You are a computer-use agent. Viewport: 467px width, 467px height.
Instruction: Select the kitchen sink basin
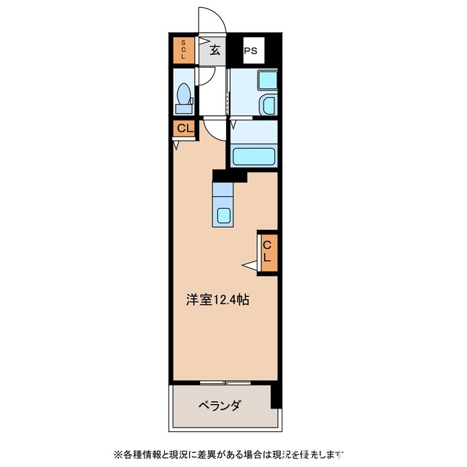coord(223,215)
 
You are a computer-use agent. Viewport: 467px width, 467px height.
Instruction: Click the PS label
coord(250,51)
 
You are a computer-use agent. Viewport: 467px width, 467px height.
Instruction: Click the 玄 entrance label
coord(215,50)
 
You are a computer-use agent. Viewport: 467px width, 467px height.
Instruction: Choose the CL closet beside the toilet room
coord(184,128)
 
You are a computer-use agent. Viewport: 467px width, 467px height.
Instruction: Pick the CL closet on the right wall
coord(267,252)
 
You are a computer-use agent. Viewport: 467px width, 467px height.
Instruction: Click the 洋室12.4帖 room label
coord(217,299)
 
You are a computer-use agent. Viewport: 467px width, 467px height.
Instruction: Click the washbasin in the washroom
coord(269,104)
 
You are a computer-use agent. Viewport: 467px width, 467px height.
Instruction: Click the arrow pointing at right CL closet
coord(250,265)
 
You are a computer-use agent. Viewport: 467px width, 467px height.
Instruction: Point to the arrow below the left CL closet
coord(177,144)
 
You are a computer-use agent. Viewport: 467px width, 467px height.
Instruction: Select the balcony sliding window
coord(225,382)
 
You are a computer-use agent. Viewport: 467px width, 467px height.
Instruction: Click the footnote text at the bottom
coord(226,453)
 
